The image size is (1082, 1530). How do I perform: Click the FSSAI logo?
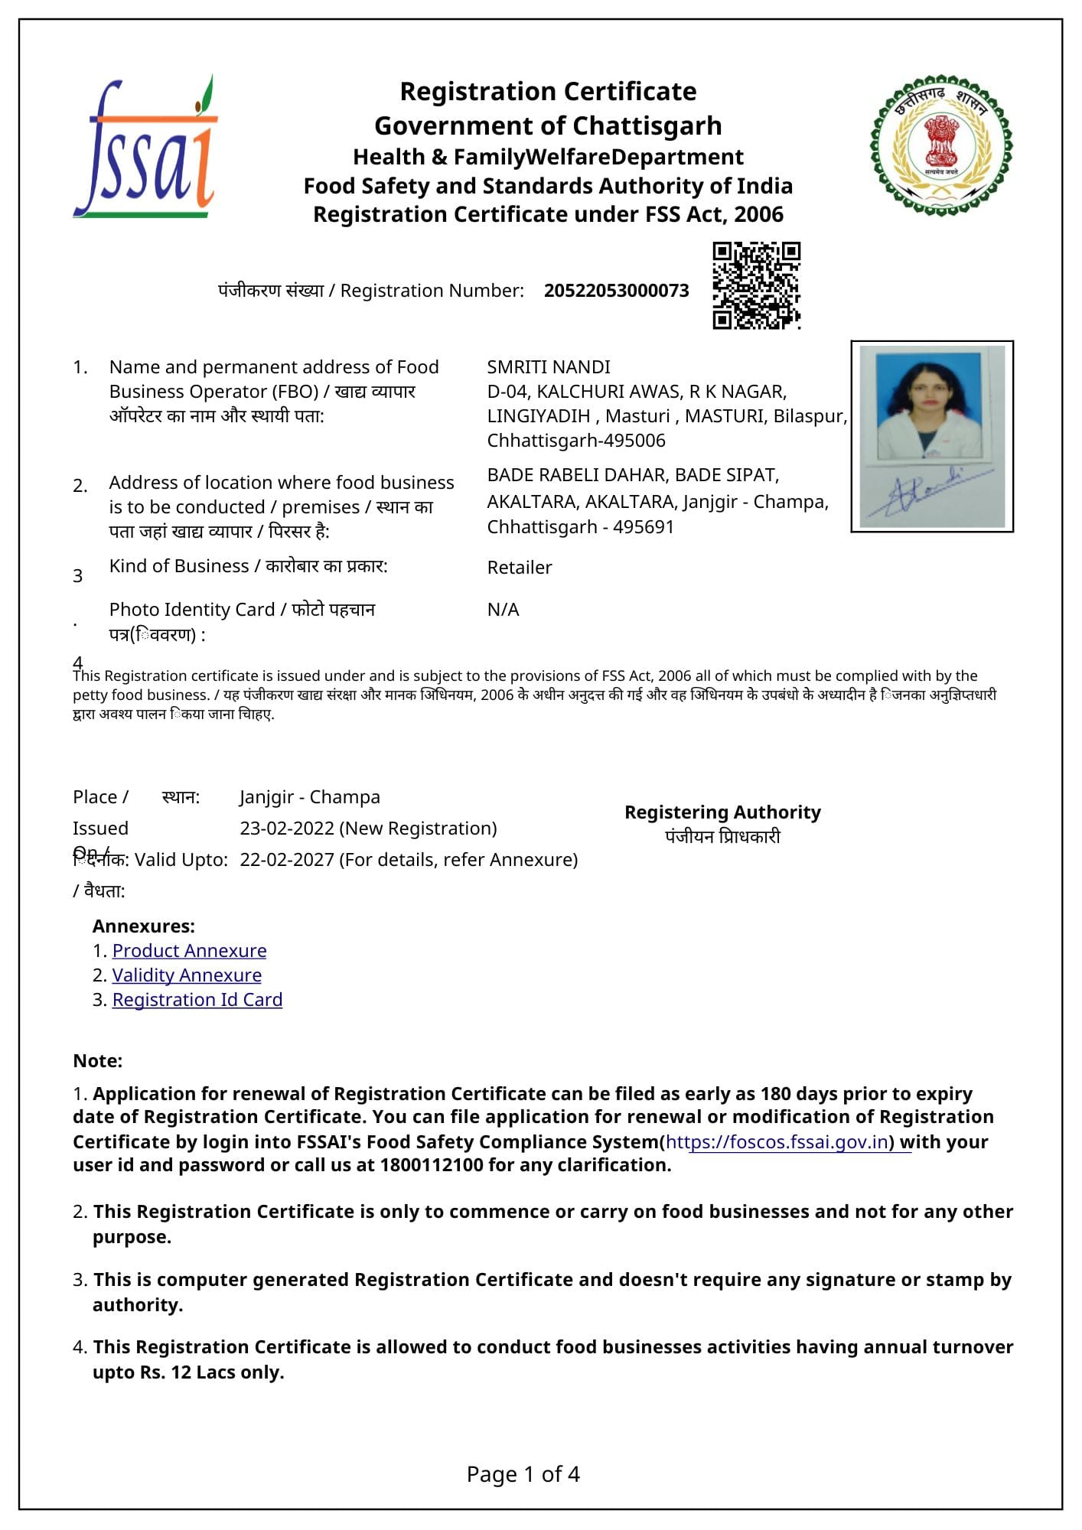pyautogui.click(x=145, y=148)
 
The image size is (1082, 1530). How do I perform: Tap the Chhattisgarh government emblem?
pyautogui.click(x=940, y=145)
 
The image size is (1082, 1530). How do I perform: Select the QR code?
pyautogui.click(x=756, y=285)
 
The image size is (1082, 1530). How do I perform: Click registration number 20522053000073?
pyautogui.click(x=616, y=291)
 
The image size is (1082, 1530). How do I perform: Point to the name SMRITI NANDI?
pyautogui.click(x=549, y=367)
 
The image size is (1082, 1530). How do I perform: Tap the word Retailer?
pyautogui.click(x=520, y=568)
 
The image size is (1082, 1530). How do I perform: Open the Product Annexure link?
pyautogui.click(x=189, y=951)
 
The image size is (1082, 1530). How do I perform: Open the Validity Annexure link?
pyautogui.click(x=187, y=975)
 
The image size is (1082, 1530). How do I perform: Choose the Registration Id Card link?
pyautogui.click(x=197, y=1000)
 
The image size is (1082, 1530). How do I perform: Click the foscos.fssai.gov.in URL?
pyautogui.click(x=777, y=1142)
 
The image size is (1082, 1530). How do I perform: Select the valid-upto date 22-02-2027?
pyautogui.click(x=286, y=860)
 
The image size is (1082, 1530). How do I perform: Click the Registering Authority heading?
pyautogui.click(x=722, y=812)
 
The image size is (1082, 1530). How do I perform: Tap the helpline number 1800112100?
pyautogui.click(x=432, y=1165)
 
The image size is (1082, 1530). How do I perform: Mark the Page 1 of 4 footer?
pyautogui.click(x=523, y=1474)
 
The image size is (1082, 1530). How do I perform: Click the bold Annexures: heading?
pyautogui.click(x=144, y=926)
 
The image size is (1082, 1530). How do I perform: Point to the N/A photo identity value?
pyautogui.click(x=504, y=610)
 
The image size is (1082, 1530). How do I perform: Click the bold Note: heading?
pyautogui.click(x=98, y=1061)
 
